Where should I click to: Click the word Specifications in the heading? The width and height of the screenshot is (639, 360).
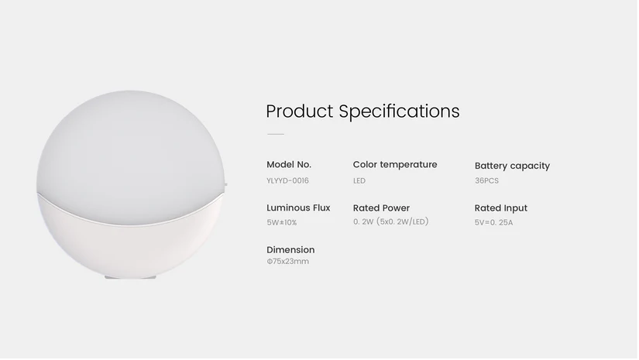click(399, 111)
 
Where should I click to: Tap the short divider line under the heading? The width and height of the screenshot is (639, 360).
click(275, 134)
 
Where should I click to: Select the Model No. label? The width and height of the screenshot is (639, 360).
click(288, 164)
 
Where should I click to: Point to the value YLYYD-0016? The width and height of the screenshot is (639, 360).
click(287, 180)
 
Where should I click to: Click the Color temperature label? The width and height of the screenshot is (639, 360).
click(394, 164)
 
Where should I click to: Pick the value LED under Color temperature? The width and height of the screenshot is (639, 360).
click(359, 180)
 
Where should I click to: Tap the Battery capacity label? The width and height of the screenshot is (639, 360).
click(511, 166)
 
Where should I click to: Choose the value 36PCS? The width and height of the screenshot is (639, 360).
click(486, 180)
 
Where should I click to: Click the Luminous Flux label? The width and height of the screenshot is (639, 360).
click(298, 207)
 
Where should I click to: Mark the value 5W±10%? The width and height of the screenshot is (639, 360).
click(281, 222)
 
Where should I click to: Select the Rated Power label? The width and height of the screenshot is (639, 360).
click(381, 207)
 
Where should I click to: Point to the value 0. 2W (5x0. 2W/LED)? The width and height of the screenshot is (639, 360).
click(390, 221)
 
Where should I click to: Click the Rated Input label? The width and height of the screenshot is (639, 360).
click(500, 207)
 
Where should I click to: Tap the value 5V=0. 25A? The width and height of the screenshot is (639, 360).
click(493, 222)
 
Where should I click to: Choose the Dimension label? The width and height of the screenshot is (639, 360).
click(290, 249)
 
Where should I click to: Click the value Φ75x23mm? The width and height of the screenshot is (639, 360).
click(287, 262)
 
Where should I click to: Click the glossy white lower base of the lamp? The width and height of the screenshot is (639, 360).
click(132, 240)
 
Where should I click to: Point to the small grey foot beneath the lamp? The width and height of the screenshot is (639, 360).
click(130, 278)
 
